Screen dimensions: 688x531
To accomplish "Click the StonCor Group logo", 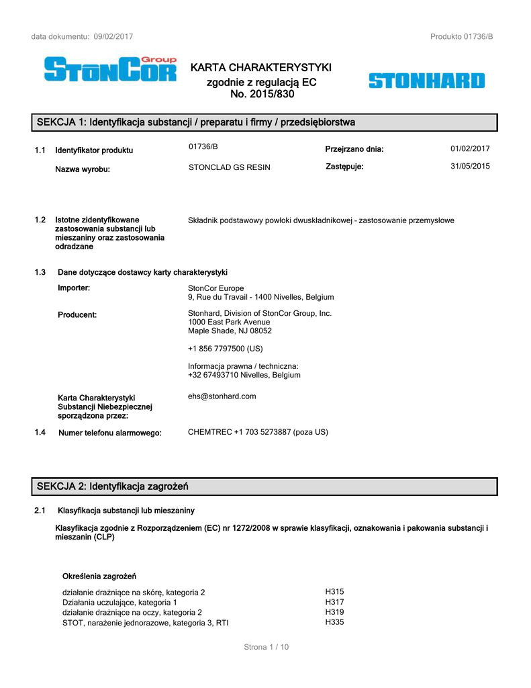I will [x=110, y=69].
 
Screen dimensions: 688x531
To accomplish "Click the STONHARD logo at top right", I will [x=426, y=81].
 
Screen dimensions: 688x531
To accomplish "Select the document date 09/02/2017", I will [x=113, y=36].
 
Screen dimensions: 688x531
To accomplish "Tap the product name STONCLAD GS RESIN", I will [x=230, y=167].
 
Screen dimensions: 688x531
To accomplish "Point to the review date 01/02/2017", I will [x=470, y=149].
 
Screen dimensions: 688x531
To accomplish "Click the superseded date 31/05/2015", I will [x=470, y=167].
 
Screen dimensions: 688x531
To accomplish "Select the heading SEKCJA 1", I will [x=195, y=122].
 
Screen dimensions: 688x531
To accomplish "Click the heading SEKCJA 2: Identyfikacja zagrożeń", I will [x=112, y=486].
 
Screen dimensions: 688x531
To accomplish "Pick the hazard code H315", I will [x=334, y=592].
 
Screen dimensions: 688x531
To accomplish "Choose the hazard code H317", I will [x=334, y=602].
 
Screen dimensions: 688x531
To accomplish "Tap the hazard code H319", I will [x=334, y=612].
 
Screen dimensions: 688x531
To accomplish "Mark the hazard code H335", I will [x=334, y=622].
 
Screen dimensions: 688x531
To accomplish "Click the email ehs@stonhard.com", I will [x=222, y=396].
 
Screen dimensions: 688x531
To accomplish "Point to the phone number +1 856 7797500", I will [x=226, y=349].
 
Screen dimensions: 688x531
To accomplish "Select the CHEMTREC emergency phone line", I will [x=258, y=432].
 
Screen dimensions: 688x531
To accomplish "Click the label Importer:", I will [x=74, y=288].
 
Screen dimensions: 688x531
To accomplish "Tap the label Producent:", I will [x=77, y=314].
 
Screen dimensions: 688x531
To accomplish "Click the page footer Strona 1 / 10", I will [x=266, y=647].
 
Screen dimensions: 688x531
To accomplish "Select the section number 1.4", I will [x=40, y=433].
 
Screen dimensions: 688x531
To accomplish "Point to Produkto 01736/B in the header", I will [x=462, y=36].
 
